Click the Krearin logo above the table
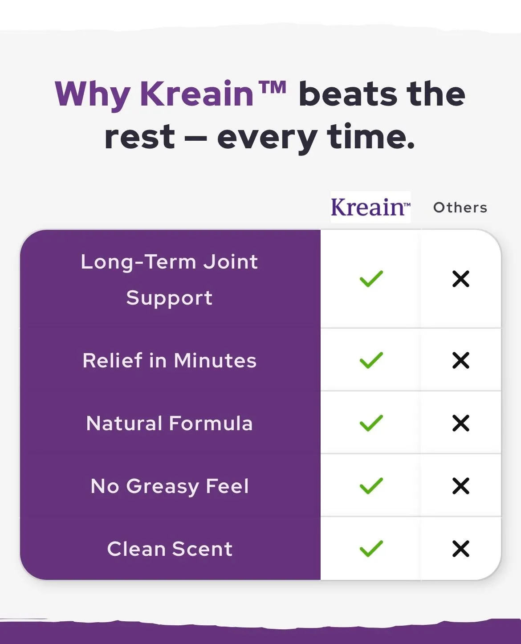(370, 207)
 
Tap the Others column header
(460, 208)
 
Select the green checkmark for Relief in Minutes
(371, 360)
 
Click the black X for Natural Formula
(461, 423)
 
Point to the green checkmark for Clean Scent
(371, 548)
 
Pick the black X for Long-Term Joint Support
(461, 279)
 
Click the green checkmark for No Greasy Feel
(371, 486)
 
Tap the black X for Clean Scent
(461, 549)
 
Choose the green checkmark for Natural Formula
(371, 423)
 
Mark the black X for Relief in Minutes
(461, 360)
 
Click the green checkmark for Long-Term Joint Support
(371, 278)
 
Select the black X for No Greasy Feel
(461, 486)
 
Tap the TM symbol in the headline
(273, 87)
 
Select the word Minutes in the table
(215, 360)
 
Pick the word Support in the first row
(170, 299)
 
